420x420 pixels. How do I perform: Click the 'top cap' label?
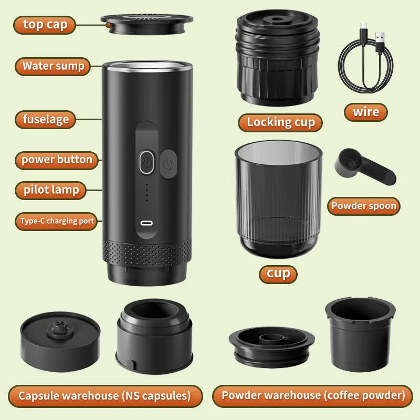click(x=45, y=25)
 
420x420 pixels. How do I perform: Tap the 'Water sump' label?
click(x=53, y=66)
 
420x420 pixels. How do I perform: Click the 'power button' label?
click(x=57, y=160)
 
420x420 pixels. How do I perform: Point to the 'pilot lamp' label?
click(x=51, y=190)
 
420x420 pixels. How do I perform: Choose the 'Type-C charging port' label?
click(x=57, y=221)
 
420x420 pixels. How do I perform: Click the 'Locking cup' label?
click(x=281, y=122)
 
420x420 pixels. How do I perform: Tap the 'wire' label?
click(x=366, y=112)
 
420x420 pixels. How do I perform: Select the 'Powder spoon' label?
click(x=363, y=206)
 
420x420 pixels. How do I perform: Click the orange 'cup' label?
click(x=278, y=273)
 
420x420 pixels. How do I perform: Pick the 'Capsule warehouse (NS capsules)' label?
click(x=105, y=396)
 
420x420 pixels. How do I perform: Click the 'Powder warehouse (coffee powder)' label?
click(x=313, y=396)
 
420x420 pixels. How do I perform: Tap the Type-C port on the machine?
click(x=146, y=223)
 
